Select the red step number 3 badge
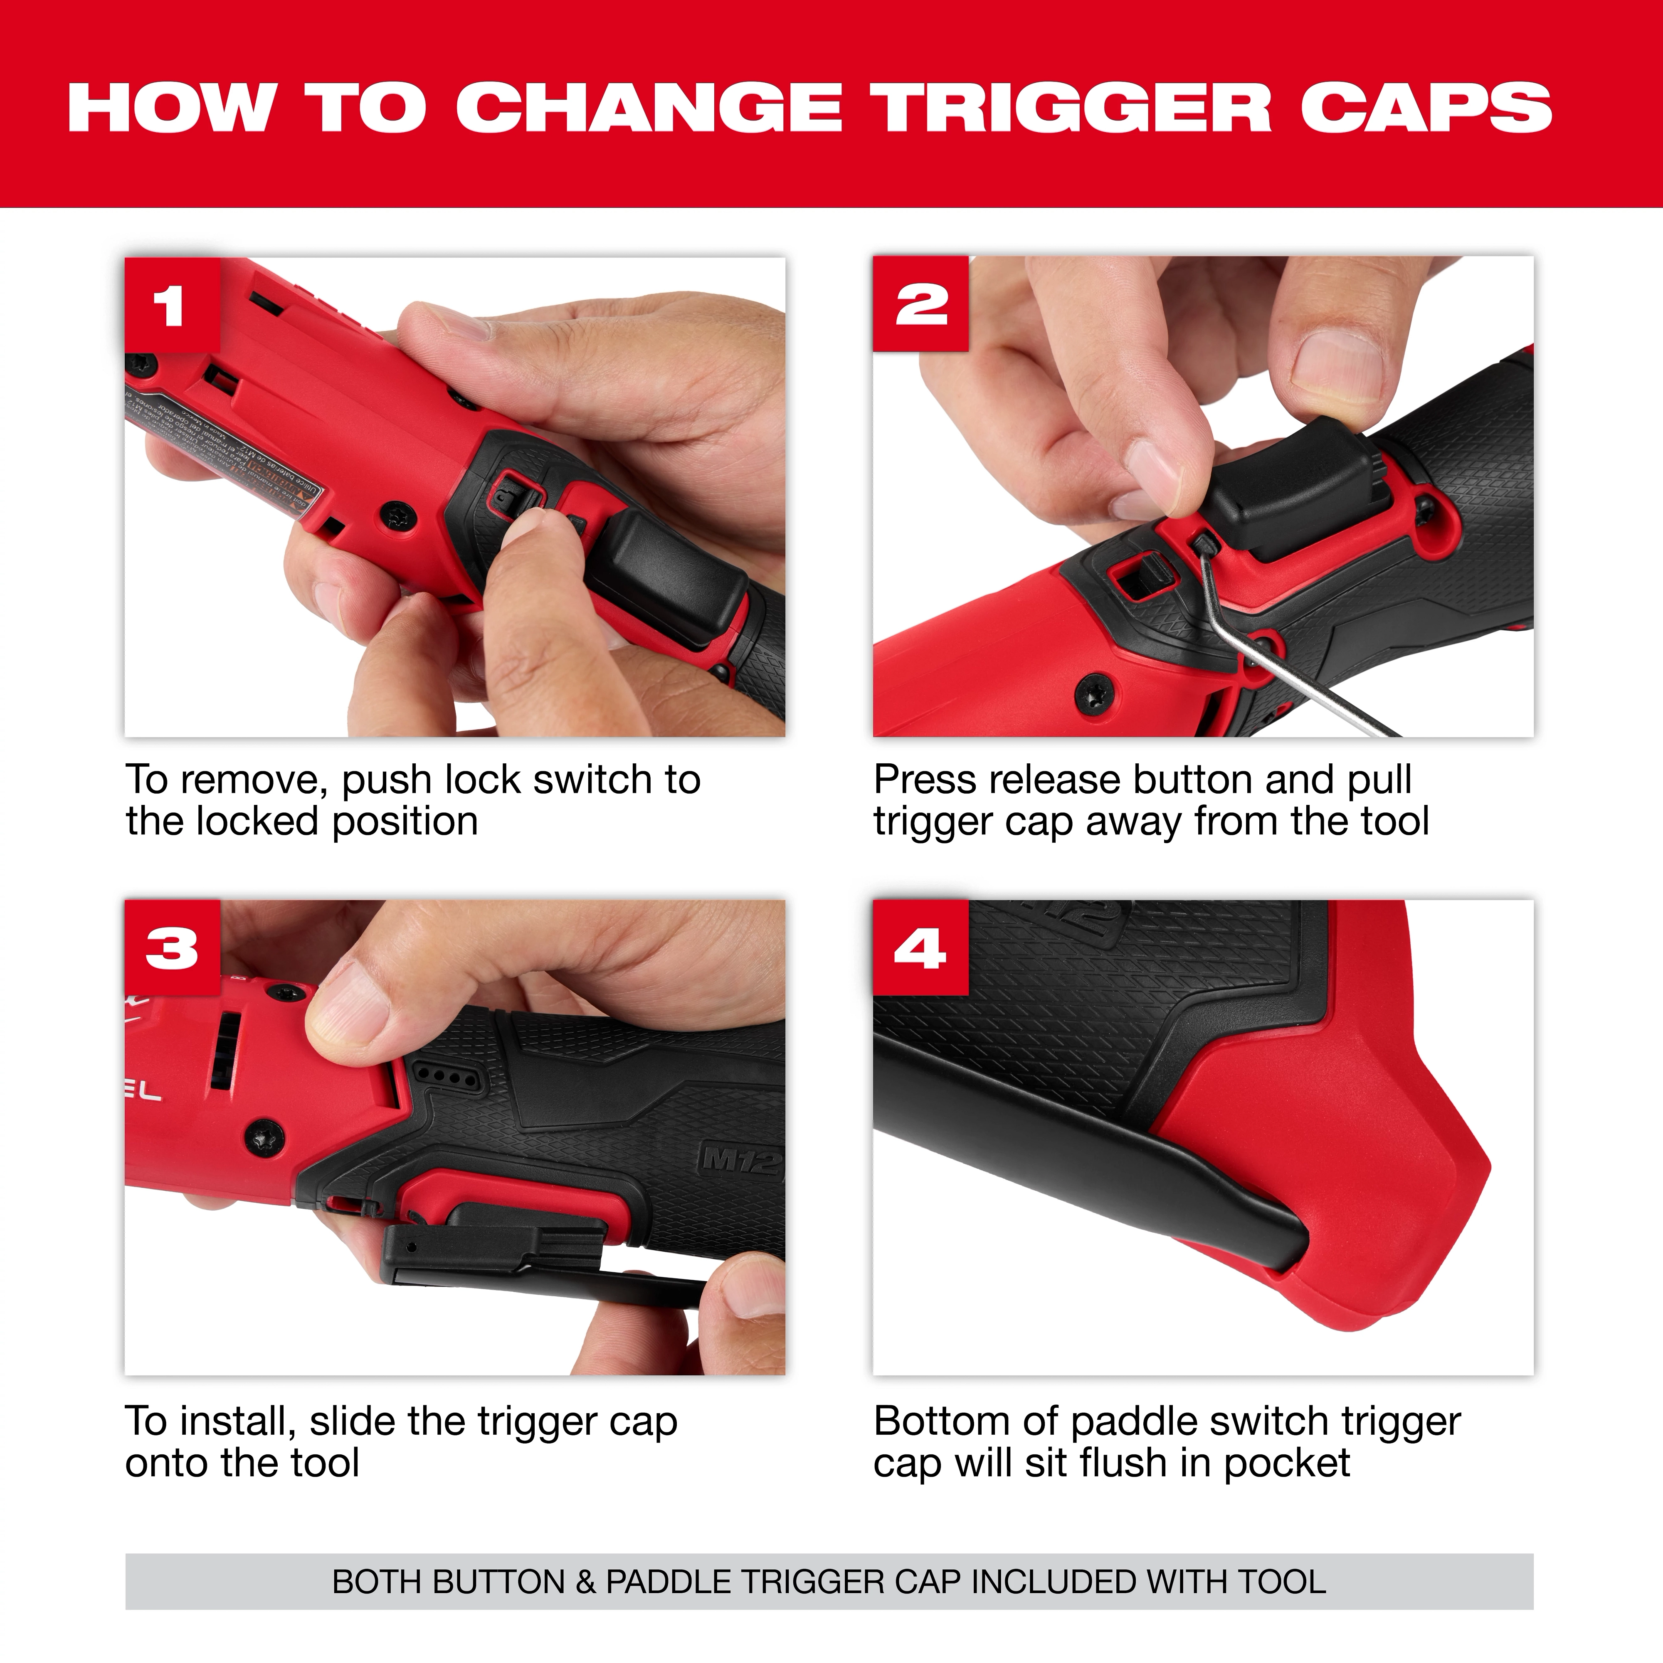172,948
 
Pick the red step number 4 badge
920,948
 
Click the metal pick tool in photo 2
1265,654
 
